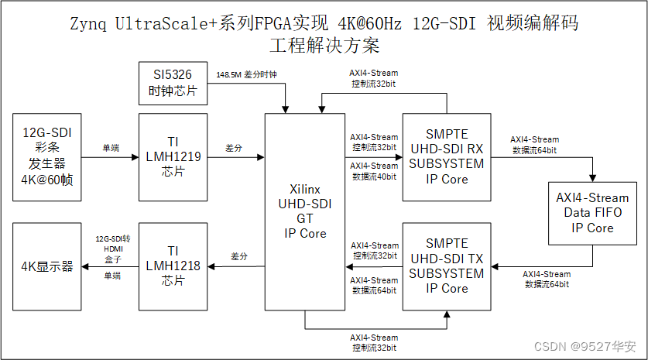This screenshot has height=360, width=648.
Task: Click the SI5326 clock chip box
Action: coord(173,84)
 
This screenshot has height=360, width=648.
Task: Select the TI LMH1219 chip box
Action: coord(173,156)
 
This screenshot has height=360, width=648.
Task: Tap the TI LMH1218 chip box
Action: coord(173,266)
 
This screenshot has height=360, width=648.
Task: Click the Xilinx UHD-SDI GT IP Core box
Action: coord(306,211)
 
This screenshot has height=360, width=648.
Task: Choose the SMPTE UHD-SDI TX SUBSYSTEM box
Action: coord(446,266)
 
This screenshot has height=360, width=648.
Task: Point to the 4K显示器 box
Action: coord(46,266)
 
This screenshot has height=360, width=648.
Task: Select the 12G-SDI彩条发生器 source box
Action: coord(46,156)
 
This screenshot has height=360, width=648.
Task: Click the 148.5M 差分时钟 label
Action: coord(245,75)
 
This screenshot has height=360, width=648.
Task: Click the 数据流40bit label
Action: coord(374,177)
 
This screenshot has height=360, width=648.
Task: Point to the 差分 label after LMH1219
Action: coord(233,147)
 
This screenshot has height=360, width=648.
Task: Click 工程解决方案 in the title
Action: coord(324,46)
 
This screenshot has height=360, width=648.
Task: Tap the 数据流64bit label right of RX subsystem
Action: coord(534,149)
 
